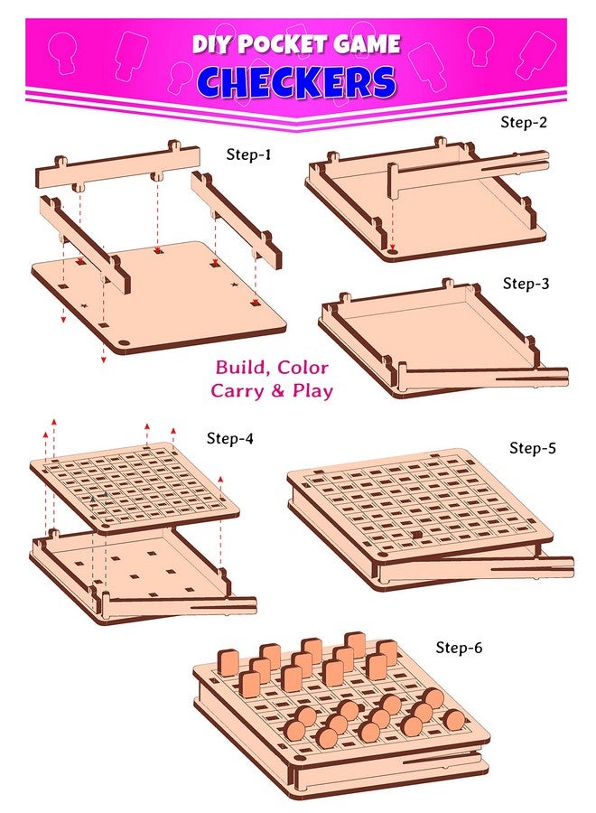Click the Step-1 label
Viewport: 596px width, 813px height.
coord(248,154)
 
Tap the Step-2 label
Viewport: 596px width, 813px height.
coord(524,121)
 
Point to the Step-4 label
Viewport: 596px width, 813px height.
coord(230,438)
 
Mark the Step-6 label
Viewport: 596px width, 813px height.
coord(464,647)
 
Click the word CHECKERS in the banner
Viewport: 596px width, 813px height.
coord(296,82)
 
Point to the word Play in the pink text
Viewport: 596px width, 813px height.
coord(312,390)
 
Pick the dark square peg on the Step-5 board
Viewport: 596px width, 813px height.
coord(418,535)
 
